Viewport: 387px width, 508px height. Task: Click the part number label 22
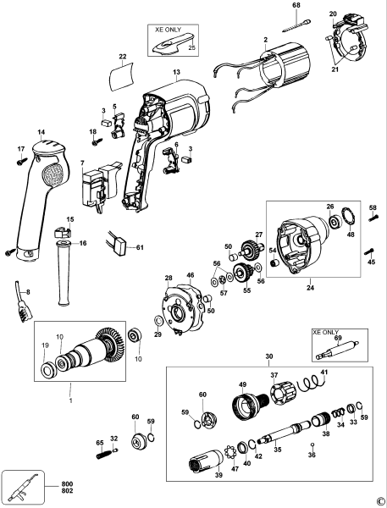click(122, 57)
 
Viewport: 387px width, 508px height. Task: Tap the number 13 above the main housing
click(177, 73)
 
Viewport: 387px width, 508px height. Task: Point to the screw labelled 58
click(372, 218)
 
